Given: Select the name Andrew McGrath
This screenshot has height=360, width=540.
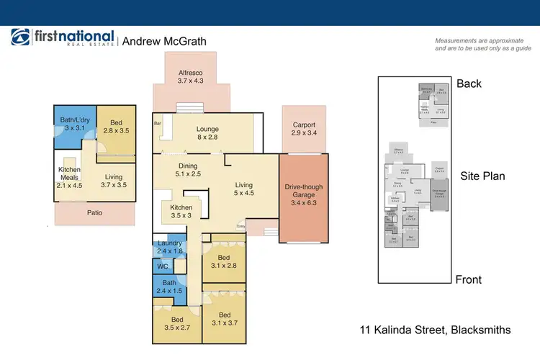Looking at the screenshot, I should [164, 41].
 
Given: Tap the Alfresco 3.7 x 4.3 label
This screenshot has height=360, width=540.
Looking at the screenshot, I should [192, 77].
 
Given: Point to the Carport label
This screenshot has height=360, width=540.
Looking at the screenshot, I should [305, 129].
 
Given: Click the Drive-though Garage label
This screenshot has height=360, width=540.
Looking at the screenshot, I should [304, 192].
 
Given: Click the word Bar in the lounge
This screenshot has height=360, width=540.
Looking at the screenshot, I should [158, 124].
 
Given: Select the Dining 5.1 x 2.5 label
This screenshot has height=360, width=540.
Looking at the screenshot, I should [189, 171].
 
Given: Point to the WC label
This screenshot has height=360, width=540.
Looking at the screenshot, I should [163, 266].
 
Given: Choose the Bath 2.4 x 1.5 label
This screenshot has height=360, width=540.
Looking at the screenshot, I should [168, 287].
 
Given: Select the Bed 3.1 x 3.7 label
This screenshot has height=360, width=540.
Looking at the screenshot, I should [224, 319].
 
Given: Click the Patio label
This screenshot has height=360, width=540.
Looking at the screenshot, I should [95, 212].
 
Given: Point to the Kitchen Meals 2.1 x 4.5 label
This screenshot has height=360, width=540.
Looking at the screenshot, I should [70, 176].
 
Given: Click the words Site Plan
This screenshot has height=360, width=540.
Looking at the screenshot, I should [483, 175].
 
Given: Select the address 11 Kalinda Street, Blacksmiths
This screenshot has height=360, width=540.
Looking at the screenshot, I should [436, 330].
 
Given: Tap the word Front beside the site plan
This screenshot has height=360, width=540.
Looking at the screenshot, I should [468, 279].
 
